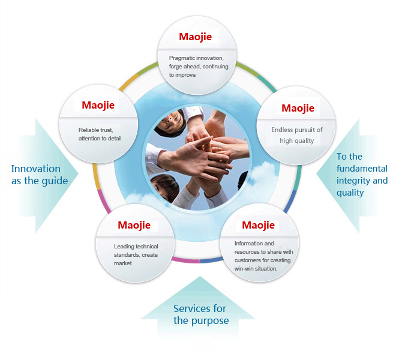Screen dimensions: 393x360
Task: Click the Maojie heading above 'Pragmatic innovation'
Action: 195,37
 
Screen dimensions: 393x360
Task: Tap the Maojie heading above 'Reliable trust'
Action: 98,106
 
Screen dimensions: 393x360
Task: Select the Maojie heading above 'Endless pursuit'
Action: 298,109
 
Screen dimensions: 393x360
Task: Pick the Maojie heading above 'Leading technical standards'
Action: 134,226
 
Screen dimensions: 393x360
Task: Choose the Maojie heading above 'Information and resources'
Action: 258,226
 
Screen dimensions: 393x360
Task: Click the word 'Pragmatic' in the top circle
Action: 182,58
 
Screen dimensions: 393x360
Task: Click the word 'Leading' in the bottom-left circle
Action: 124,247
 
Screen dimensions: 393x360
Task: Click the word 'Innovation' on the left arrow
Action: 36,169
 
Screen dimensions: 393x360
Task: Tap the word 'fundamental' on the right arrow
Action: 362,169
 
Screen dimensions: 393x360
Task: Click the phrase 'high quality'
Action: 297,141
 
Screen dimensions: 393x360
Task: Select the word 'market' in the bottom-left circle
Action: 123,263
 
